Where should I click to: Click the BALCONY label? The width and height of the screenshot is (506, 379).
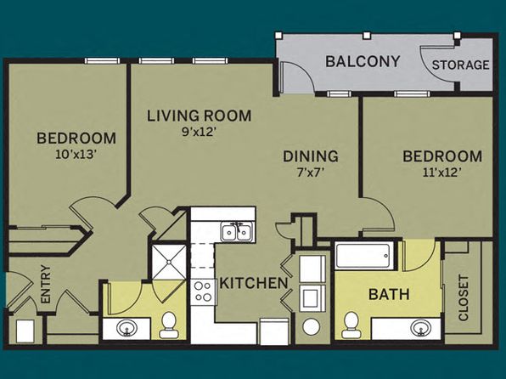pos(363,61)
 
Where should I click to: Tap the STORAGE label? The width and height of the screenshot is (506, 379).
pos(460,65)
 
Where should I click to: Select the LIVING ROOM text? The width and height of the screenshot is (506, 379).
pos(200,116)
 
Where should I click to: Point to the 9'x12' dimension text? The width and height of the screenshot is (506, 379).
pos(198,132)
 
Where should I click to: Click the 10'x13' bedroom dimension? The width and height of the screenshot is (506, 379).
pos(76,155)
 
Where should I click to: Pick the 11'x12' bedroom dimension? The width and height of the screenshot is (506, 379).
pos(441,173)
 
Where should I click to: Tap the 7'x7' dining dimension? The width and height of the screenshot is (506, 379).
pos(310,173)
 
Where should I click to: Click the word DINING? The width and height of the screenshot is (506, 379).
pos(311,156)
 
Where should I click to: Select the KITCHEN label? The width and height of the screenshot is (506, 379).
pos(254,283)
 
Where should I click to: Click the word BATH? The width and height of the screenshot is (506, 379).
pos(389,294)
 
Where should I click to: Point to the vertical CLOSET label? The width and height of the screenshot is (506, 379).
pos(464,298)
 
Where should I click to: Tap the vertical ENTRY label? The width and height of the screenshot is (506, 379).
pos(46,284)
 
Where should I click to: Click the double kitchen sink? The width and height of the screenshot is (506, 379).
pos(238,232)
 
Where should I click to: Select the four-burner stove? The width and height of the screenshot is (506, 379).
pos(203,292)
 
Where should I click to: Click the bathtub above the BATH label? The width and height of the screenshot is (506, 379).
pos(364,256)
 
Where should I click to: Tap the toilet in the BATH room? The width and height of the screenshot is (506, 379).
pos(351,325)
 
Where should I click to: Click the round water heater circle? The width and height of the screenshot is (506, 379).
pos(311,326)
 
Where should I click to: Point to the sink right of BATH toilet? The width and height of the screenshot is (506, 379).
pos(421,328)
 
